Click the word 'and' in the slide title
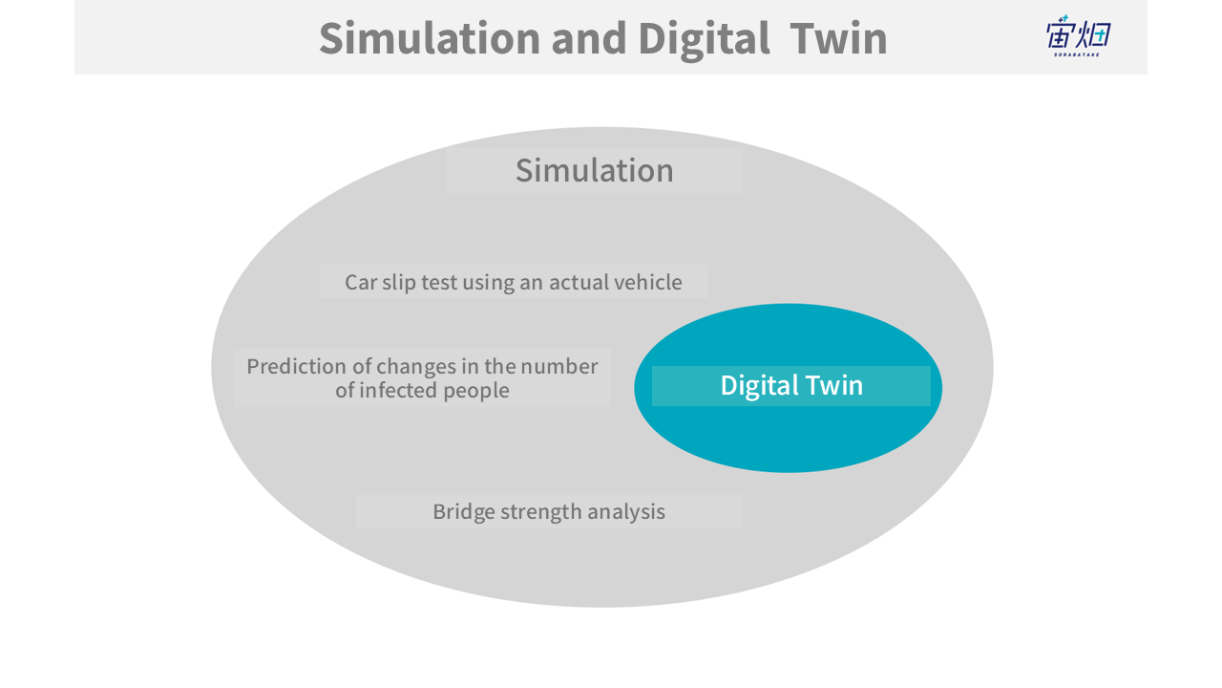tap(589, 38)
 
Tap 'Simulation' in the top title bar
tap(430, 38)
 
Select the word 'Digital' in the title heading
tap(704, 40)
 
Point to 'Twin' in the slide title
tap(838, 38)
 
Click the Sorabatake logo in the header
tap(1079, 36)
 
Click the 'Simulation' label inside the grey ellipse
tap(595, 170)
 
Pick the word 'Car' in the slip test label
tap(361, 282)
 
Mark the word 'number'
tap(559, 366)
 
